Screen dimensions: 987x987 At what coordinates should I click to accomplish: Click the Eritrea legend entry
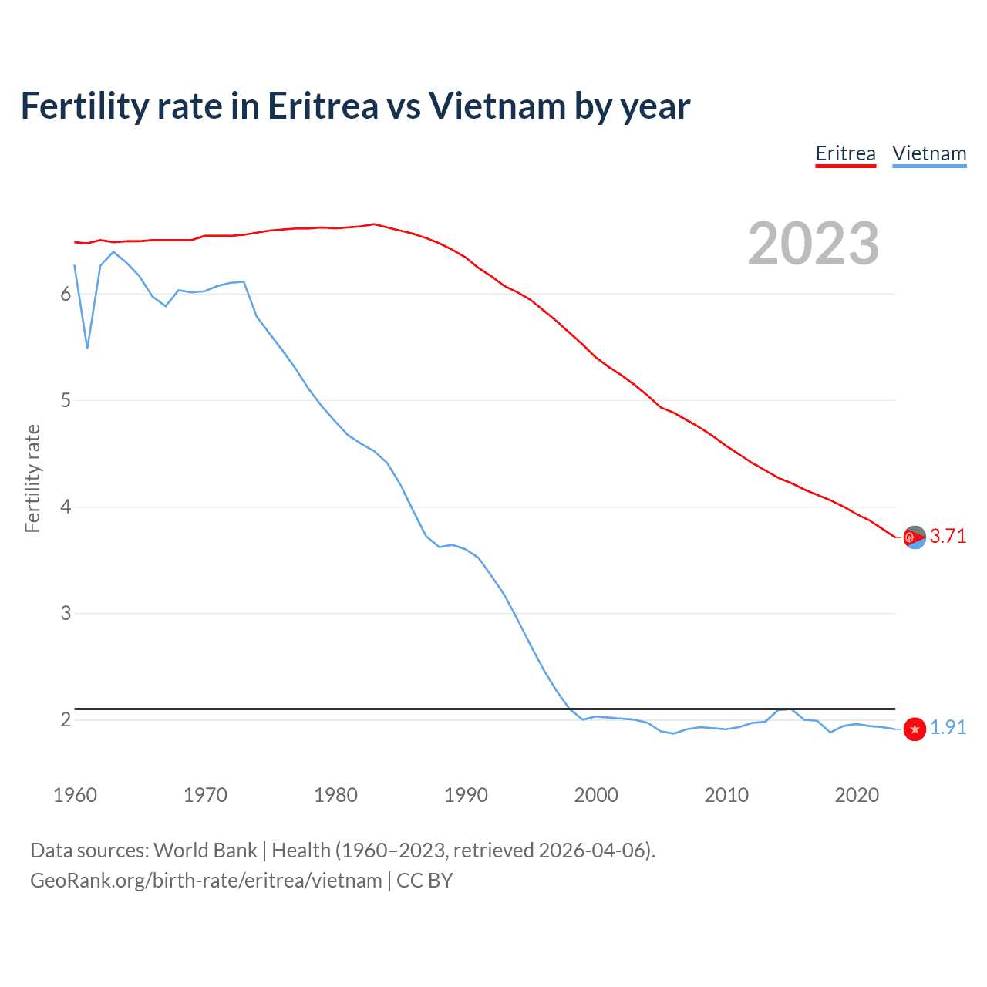845,153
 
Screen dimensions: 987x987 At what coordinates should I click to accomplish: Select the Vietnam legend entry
929,153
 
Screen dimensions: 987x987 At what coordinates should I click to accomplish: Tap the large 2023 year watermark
814,244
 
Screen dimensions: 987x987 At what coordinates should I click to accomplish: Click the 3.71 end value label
948,536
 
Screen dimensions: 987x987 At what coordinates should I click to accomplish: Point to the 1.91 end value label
948,727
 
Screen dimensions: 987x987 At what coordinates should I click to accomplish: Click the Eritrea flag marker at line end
915,537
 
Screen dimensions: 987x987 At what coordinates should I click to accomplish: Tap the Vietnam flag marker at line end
915,729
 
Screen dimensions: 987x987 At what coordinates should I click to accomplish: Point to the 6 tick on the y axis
66,294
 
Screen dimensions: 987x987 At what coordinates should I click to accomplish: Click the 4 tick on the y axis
66,507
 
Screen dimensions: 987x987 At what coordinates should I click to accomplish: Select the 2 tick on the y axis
66,719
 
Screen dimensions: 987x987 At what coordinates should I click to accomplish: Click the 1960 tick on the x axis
75,795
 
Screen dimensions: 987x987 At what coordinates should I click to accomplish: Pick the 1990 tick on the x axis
466,795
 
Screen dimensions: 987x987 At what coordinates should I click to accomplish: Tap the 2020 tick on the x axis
857,795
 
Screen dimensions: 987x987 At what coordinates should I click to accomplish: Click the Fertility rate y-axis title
32,478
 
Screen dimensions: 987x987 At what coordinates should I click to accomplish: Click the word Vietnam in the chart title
497,106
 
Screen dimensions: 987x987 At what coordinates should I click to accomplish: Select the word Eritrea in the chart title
323,106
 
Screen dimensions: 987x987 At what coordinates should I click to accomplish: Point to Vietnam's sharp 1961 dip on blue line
87,348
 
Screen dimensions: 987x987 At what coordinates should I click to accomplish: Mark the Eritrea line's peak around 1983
374,224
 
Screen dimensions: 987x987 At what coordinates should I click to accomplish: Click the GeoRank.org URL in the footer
206,881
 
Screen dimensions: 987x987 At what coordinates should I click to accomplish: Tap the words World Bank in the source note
205,851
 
